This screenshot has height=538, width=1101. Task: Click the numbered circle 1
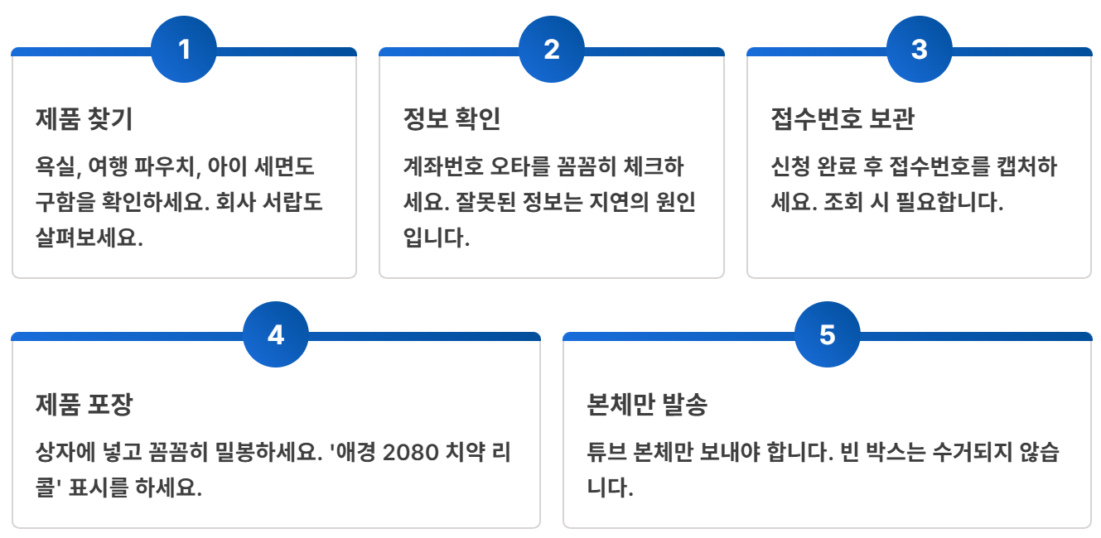184,50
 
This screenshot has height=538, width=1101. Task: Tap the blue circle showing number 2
552,50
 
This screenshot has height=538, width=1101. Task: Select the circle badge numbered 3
920,50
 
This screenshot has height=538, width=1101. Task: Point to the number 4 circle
276,335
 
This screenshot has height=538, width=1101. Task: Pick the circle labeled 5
828,335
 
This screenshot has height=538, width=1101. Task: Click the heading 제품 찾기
84,120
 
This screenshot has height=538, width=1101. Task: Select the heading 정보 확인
452,120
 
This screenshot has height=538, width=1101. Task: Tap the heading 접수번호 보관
843,120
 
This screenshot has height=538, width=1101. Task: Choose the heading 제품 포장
84,406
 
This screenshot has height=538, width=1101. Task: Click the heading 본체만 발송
647,406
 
